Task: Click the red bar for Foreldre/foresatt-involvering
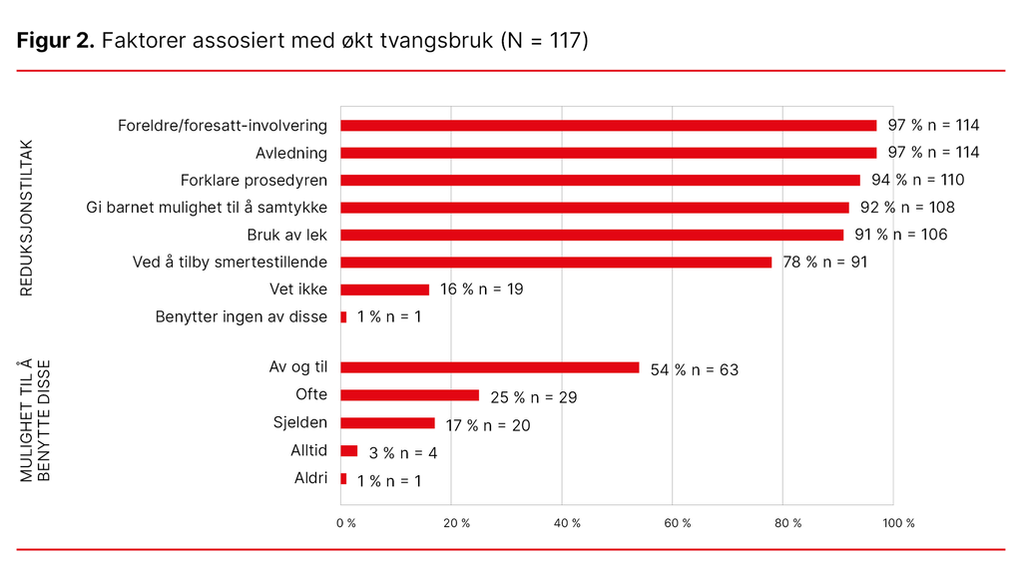pyautogui.click(x=609, y=126)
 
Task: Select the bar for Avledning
pyautogui.click(x=609, y=153)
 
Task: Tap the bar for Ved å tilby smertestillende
pyautogui.click(x=556, y=263)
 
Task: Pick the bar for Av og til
pyautogui.click(x=489, y=367)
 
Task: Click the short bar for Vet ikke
pyautogui.click(x=385, y=289)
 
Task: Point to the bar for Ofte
pyautogui.click(x=410, y=395)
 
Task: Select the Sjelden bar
pyautogui.click(x=388, y=423)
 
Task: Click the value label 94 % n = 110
pyautogui.click(x=917, y=181)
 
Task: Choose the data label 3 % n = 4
pyautogui.click(x=402, y=453)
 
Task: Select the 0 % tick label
pyautogui.click(x=345, y=523)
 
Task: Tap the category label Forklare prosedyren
pyautogui.click(x=254, y=181)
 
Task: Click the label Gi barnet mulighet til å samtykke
pyautogui.click(x=208, y=208)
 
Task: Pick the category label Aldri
pyautogui.click(x=310, y=478)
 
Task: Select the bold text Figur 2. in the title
pyautogui.click(x=56, y=41)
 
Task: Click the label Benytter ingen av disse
pyautogui.click(x=241, y=317)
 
